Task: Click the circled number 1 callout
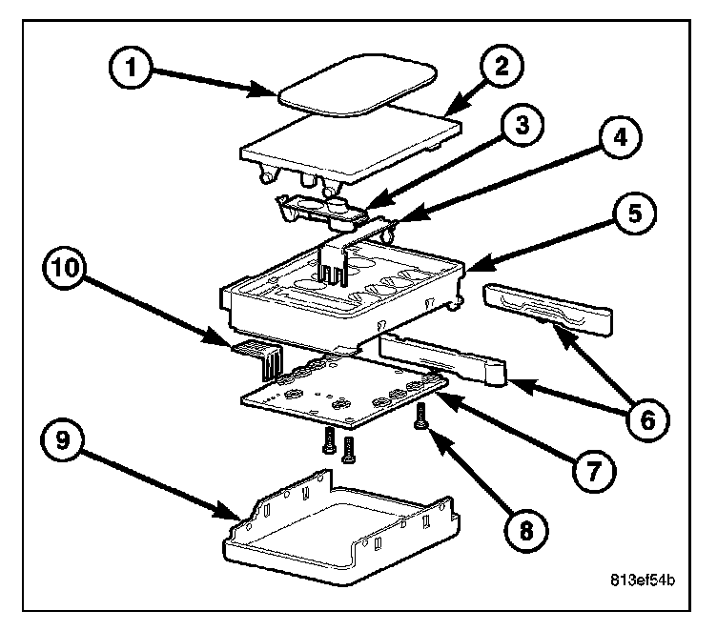[x=131, y=68]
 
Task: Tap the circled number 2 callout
[x=502, y=66]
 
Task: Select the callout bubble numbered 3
[x=522, y=125]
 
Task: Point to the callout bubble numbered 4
[x=620, y=137]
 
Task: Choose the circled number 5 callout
[x=634, y=214]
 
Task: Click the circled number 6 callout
[x=647, y=420]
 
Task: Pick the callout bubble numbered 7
[x=594, y=471]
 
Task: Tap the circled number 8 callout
[x=526, y=531]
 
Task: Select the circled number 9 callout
[x=63, y=440]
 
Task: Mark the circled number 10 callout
[x=65, y=268]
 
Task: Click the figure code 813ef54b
[x=643, y=580]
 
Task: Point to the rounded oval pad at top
[x=358, y=85]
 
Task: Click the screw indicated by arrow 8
[x=420, y=417]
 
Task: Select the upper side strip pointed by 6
[x=547, y=309]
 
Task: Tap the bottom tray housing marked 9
[x=341, y=530]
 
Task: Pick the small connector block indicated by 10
[x=258, y=359]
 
